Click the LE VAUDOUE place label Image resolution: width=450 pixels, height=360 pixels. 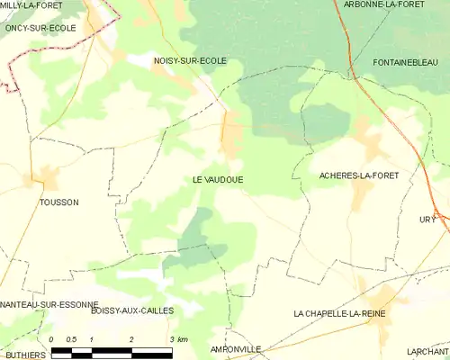(x=218, y=180)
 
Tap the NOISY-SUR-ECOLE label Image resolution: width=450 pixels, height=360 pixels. (x=190, y=61)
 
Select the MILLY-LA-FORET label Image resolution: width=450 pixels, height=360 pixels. (x=31, y=5)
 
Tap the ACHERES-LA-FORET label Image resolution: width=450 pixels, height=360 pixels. (x=359, y=175)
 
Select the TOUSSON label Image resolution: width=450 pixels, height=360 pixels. (x=58, y=202)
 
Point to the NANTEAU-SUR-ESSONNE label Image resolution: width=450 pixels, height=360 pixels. (x=49, y=305)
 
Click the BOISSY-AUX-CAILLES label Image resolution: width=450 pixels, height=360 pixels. (x=132, y=310)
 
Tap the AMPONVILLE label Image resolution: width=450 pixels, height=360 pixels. (x=235, y=348)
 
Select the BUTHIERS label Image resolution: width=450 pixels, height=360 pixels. (x=24, y=355)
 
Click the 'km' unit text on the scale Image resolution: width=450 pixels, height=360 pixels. (x=183, y=339)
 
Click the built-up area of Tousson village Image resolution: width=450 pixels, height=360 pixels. (x=45, y=177)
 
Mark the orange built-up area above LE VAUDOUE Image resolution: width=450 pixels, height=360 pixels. (x=232, y=133)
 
